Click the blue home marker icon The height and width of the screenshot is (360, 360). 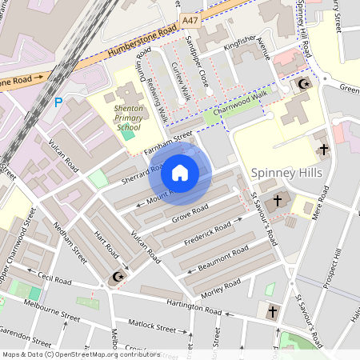(x=180, y=172)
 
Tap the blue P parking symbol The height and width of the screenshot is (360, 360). (x=58, y=102)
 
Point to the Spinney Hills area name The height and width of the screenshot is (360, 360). (x=286, y=173)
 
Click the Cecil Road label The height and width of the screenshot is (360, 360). (x=54, y=282)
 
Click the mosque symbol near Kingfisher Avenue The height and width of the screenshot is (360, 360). (x=302, y=84)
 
